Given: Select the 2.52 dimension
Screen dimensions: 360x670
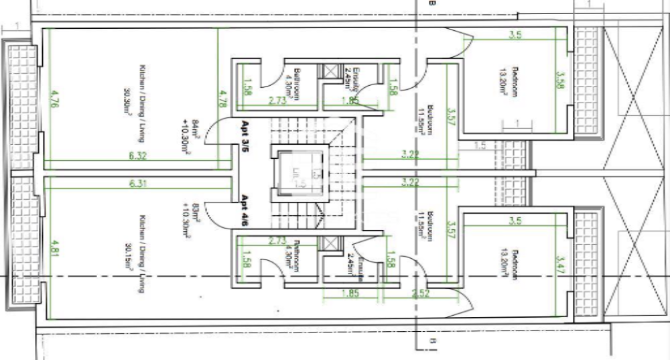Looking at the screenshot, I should coord(421,292).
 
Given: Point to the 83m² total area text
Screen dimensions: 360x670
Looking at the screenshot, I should coord(194,210).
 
